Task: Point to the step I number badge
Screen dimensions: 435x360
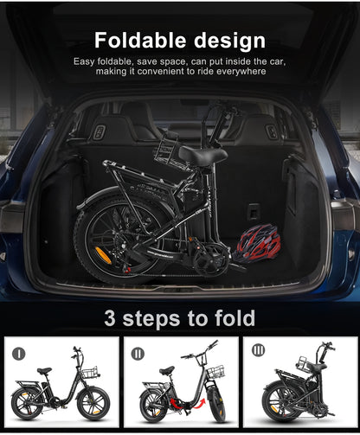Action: (x=20, y=353)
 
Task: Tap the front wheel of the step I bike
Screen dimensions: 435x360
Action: (x=92, y=405)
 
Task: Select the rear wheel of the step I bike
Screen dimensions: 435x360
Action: (x=26, y=404)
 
